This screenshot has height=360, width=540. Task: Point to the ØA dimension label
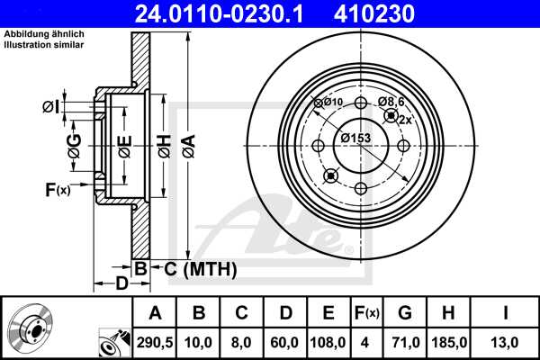(188, 141)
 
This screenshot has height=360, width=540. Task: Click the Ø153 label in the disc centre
(356, 138)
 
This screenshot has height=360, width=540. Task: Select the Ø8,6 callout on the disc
(390, 102)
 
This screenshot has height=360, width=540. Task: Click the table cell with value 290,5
(156, 343)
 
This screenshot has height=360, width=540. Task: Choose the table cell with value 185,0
(447, 343)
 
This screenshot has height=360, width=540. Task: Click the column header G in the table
(404, 313)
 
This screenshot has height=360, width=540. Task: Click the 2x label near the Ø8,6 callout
(405, 120)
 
